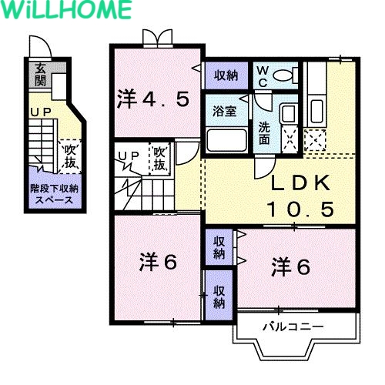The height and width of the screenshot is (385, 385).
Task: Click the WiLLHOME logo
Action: [x=67, y=9]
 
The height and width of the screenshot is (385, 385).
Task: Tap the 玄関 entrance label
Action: [x=40, y=75]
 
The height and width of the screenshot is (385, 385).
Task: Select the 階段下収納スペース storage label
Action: [x=54, y=194]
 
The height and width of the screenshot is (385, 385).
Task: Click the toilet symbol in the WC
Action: [x=285, y=75]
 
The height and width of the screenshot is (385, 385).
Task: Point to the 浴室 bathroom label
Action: [x=225, y=111]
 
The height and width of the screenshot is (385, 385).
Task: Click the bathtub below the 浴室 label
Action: [x=226, y=140]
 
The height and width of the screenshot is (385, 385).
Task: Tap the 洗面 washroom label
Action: [x=264, y=133]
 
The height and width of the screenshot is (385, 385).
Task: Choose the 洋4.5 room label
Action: [x=153, y=99]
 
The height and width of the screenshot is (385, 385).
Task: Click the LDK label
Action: [x=300, y=182]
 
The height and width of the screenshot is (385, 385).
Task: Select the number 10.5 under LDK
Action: [x=300, y=209]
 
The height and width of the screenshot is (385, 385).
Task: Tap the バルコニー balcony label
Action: [x=293, y=326]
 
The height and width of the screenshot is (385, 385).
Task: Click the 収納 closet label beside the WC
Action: [x=226, y=75]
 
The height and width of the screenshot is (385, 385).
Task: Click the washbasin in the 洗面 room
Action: [x=289, y=113]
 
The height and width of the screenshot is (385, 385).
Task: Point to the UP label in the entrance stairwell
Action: [x=41, y=112]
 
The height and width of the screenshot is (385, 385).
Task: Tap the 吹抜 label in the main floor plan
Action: [x=159, y=159]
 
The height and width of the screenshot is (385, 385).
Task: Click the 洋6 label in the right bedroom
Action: [x=291, y=267]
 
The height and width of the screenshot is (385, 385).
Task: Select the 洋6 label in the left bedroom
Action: [x=158, y=262]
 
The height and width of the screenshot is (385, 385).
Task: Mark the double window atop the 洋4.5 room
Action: [x=158, y=38]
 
